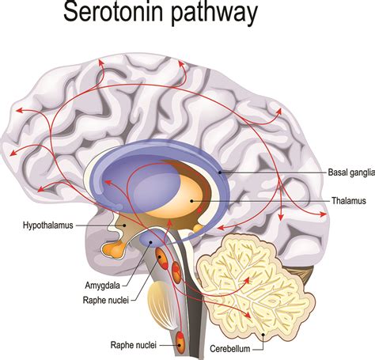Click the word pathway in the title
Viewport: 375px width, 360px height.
tap(214, 13)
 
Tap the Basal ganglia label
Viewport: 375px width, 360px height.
tap(351, 172)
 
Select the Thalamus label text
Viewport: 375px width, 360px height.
tap(349, 201)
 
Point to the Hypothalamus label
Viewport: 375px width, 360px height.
tap(48, 225)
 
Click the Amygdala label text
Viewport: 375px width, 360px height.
tap(102, 286)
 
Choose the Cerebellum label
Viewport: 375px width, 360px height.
tap(230, 349)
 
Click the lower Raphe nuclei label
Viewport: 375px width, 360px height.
tap(134, 345)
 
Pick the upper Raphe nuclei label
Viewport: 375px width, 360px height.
tap(106, 300)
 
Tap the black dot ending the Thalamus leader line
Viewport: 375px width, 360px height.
tap(192, 201)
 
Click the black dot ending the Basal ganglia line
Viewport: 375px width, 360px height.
tap(220, 172)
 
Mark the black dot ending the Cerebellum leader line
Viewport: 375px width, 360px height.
tap(263, 335)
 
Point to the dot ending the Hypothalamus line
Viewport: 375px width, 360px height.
tap(124, 225)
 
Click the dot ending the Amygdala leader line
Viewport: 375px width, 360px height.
tap(151, 241)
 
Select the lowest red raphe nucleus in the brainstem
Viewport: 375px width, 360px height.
tap(180, 342)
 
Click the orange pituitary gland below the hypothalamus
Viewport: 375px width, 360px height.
tap(115, 249)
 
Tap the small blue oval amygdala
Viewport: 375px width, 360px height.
tap(152, 237)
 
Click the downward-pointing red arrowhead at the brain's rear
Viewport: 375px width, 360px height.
tap(281, 217)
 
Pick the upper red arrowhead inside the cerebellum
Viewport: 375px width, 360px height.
tap(247, 280)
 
